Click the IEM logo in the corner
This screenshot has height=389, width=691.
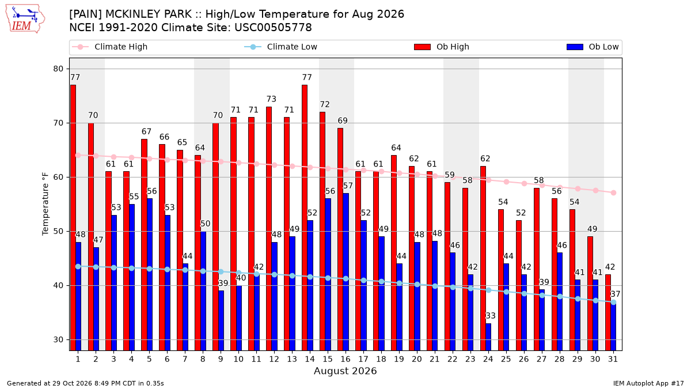[25, 19]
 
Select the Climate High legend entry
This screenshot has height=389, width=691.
[109, 47]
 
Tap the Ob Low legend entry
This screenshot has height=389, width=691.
[593, 47]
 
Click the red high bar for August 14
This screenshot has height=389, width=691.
[304, 218]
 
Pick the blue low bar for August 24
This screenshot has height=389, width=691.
[488, 337]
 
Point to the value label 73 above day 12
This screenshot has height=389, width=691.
[271, 99]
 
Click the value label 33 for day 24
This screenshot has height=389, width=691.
[491, 316]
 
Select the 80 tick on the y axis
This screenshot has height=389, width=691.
[58, 69]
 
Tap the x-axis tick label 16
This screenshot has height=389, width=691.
[345, 360]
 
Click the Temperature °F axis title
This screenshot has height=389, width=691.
[45, 204]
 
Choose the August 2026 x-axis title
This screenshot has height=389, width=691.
[345, 371]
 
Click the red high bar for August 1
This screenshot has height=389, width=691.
[73, 218]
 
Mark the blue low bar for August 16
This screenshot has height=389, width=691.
[346, 272]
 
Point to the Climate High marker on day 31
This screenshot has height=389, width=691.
[614, 192]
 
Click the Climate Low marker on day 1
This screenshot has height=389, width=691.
[78, 266]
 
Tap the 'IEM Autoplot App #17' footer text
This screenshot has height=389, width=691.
[648, 383]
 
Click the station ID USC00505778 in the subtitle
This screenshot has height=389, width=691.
[273, 28]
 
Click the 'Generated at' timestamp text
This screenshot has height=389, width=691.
[85, 383]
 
